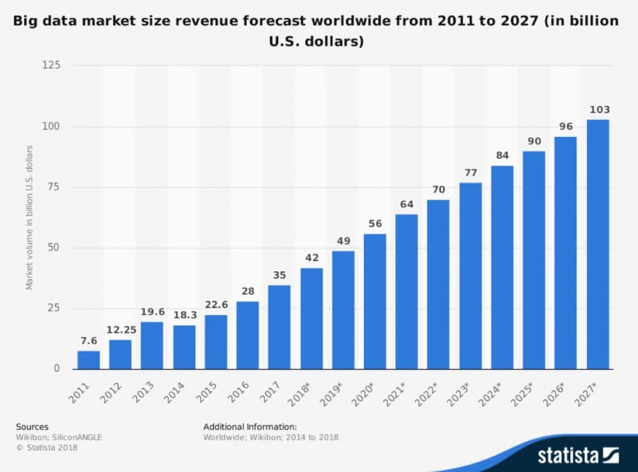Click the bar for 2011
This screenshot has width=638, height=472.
[88, 359]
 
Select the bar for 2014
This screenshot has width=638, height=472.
[184, 346]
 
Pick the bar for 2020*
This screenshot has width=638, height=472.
[374, 301]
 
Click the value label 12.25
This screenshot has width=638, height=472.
[120, 330]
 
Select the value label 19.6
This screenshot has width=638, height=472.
[152, 312]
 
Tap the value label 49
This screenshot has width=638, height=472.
[343, 241]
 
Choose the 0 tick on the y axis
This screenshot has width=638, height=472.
[57, 369]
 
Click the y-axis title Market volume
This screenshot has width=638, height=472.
[29, 217]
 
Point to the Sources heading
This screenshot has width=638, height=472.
[32, 427]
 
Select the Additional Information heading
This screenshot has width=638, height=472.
[250, 427]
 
